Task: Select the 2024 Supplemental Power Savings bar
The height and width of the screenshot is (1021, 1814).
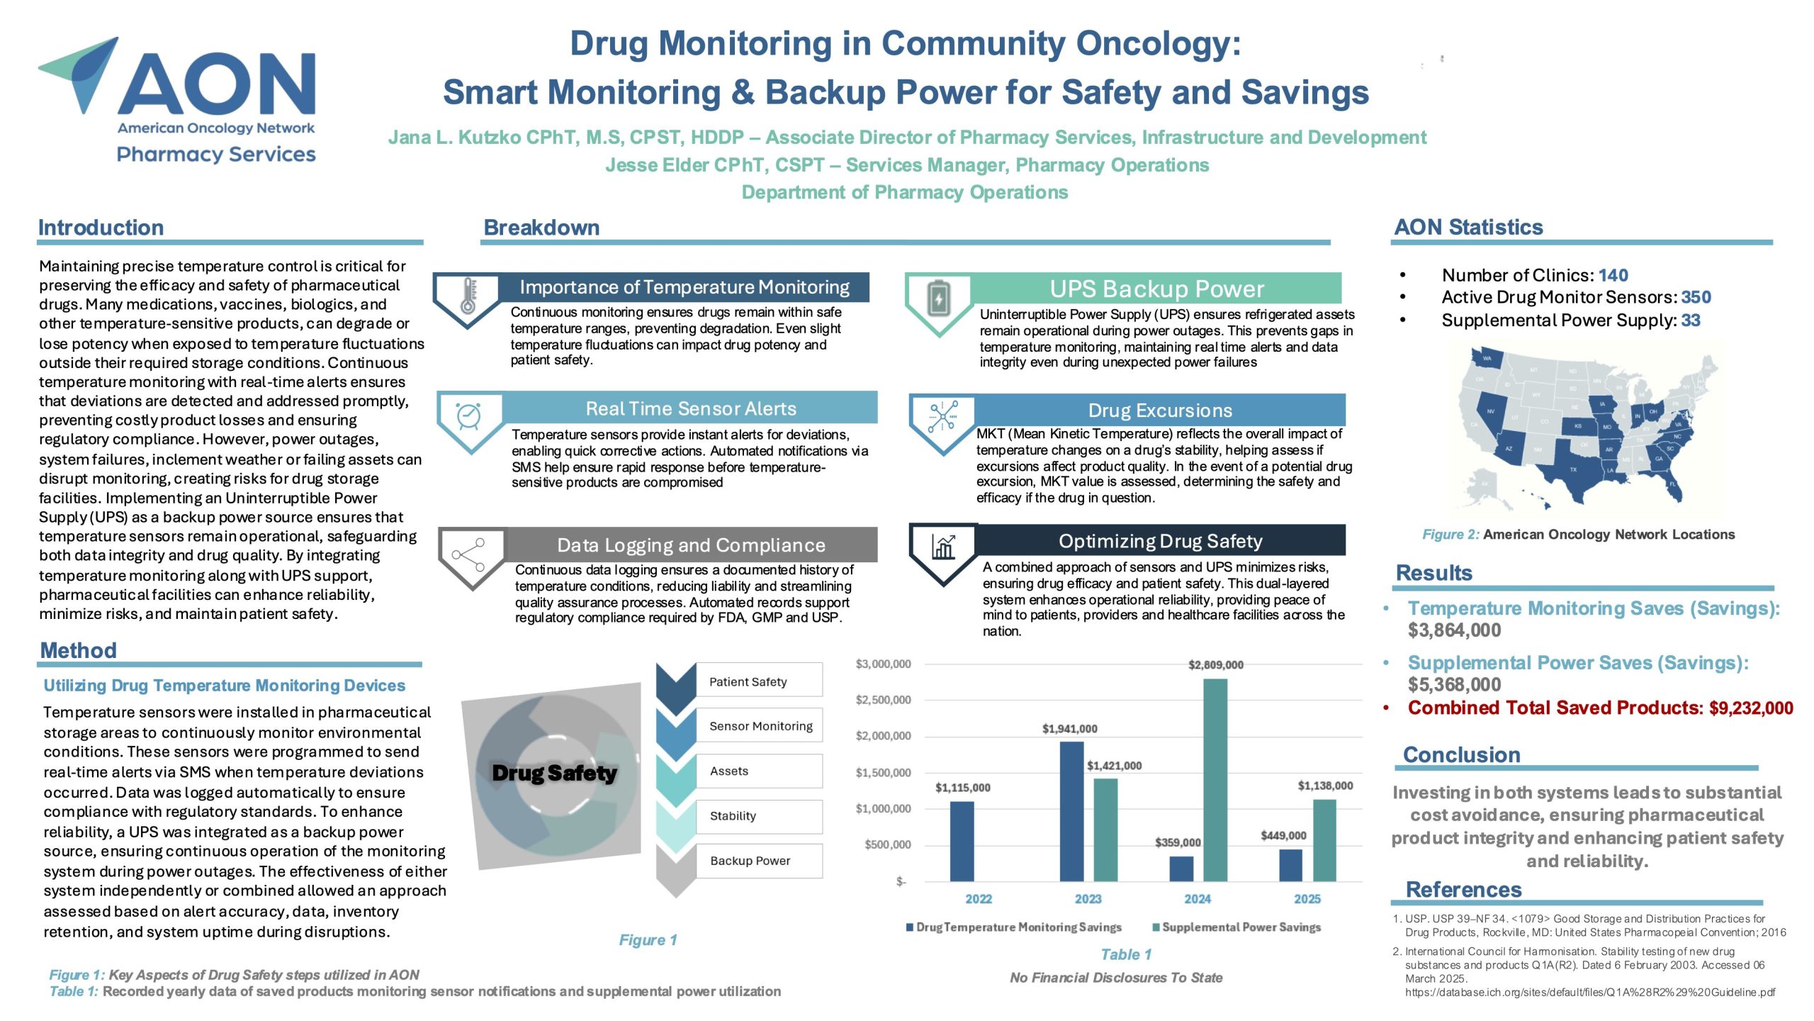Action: click(x=1215, y=780)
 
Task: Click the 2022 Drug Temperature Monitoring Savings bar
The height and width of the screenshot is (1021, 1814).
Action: click(x=962, y=841)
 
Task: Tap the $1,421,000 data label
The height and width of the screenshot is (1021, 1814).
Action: click(x=1114, y=766)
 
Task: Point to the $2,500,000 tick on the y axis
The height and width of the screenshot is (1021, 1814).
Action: click(x=883, y=700)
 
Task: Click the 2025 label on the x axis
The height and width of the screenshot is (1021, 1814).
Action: click(x=1307, y=899)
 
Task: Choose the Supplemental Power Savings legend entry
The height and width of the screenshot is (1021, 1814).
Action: click(x=1236, y=927)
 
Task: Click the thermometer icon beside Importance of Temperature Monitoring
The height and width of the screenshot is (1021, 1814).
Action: click(x=468, y=296)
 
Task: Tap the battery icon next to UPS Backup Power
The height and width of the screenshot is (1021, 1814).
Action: click(x=939, y=298)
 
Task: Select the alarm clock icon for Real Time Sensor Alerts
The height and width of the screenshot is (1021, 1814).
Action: click(x=469, y=415)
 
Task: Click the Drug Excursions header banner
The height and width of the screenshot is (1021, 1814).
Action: click(x=1160, y=410)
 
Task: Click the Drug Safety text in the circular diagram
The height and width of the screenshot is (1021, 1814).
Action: click(x=554, y=772)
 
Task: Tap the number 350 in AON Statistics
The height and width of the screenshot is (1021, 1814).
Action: click(x=1696, y=297)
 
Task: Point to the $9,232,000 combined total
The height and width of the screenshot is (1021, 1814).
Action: click(x=1751, y=708)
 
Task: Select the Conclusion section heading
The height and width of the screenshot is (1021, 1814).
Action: click(x=1461, y=754)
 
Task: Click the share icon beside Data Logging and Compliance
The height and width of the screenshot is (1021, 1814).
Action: click(x=468, y=554)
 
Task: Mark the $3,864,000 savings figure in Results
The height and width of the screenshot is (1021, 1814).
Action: click(x=1454, y=630)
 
